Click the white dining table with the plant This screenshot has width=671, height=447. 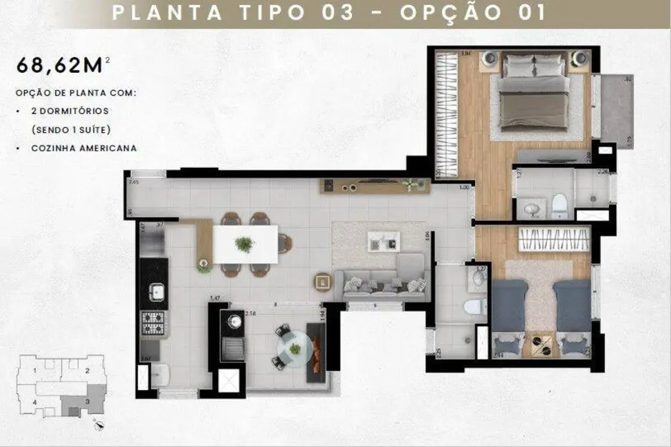pos(245,244)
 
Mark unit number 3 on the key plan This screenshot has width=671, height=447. pos(87,401)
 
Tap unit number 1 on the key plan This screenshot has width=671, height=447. pos(35,370)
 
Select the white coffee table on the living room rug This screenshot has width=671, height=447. pos(384,241)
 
